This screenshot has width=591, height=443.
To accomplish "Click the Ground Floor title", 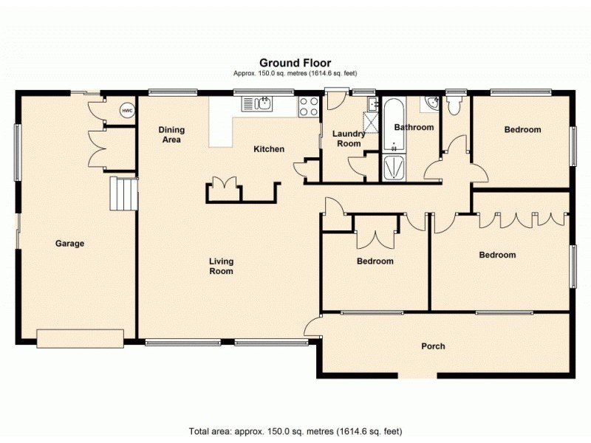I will [295, 63].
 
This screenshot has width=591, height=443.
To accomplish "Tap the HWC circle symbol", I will [127, 111].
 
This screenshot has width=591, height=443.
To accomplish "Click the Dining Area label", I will [171, 134].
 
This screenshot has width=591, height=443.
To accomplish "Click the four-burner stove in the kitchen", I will [308, 107].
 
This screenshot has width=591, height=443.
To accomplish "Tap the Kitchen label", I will [269, 149].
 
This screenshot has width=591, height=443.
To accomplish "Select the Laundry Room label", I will [347, 139].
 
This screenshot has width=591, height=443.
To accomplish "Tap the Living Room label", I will [221, 266].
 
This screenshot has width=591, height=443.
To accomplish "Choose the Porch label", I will [433, 346].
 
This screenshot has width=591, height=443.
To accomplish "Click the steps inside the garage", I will [123, 193].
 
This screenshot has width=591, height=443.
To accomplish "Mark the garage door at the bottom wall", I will [81, 338].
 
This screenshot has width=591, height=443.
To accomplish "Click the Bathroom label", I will [414, 127].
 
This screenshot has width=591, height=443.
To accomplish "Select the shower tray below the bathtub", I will [393, 168].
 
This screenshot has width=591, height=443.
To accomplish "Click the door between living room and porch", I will [312, 326].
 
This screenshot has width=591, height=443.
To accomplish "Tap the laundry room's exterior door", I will [337, 95].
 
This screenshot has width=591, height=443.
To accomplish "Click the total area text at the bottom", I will [295, 430].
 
